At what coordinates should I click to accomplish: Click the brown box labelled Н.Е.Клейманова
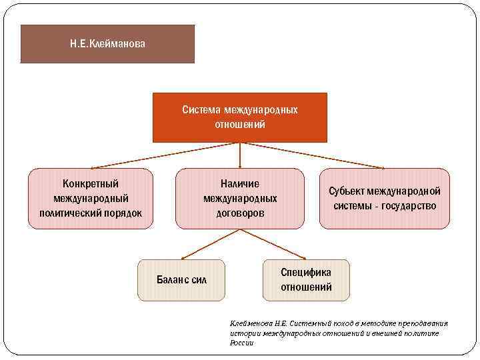107,44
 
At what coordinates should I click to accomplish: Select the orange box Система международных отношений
240,117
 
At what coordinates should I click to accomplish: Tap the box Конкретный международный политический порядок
91,198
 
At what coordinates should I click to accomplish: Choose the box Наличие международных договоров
240,198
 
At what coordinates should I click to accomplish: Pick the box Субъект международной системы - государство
385,198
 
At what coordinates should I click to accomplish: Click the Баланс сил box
181,279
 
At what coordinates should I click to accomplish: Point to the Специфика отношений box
306,279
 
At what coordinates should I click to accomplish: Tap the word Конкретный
91,183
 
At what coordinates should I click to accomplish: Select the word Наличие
240,183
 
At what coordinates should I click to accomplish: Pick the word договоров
240,213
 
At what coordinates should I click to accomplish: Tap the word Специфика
306,272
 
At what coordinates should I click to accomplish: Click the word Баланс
173,279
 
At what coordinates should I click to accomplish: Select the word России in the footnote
241,343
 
